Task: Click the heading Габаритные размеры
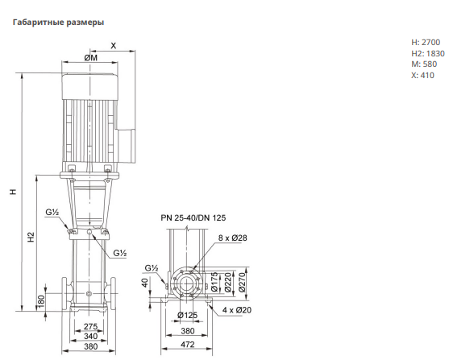point(58,23)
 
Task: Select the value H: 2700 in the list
point(426,43)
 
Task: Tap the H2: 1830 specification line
point(428,53)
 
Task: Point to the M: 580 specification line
point(424,64)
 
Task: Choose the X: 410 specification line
point(422,75)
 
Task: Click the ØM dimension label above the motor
point(91,58)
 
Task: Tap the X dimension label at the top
point(114,46)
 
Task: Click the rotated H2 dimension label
point(31,237)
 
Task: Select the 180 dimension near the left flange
point(42,301)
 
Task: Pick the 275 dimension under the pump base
point(90,326)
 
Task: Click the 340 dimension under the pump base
point(90,336)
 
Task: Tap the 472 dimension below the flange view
point(188,345)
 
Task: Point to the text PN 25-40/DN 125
point(193,218)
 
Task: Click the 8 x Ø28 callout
point(232,238)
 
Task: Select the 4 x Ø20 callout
point(237,310)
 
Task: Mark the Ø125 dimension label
point(187,316)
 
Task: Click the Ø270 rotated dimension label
point(242,283)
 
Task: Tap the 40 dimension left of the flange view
point(145,283)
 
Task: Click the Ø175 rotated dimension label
point(214,283)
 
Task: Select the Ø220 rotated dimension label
point(228,283)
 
